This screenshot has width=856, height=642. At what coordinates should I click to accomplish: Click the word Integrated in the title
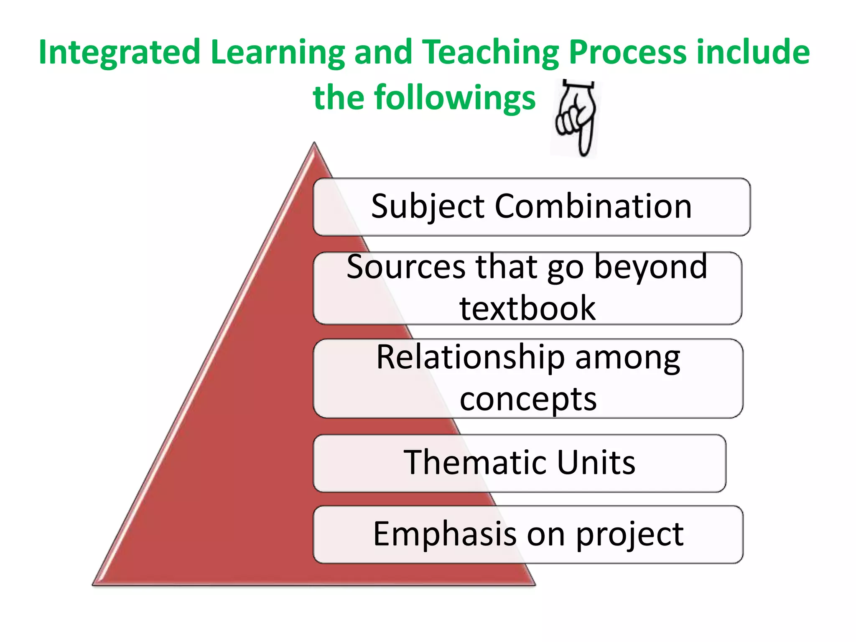coord(120,52)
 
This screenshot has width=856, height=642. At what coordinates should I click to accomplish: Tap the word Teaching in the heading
coord(491,52)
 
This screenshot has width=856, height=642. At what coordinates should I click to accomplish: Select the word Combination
coord(593,206)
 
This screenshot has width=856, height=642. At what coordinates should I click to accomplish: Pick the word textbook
coord(527,308)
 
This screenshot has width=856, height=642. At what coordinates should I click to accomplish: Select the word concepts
coord(528,400)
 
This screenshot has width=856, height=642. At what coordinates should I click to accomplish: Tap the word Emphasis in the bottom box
coord(445,534)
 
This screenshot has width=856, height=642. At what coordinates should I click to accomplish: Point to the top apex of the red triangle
coord(314,145)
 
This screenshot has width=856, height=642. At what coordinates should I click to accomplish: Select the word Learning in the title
coord(278,52)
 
